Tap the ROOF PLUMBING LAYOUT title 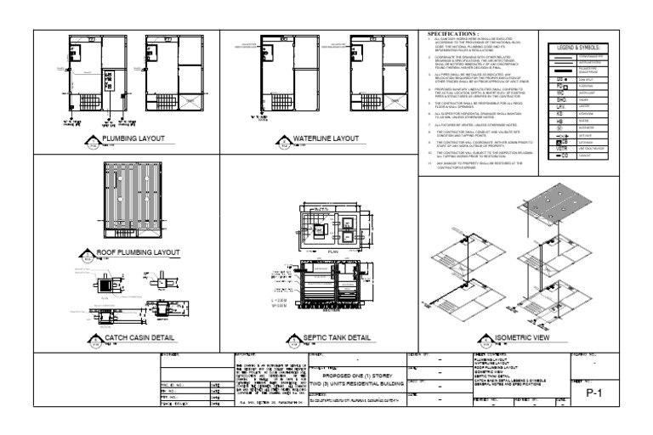(141, 251)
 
